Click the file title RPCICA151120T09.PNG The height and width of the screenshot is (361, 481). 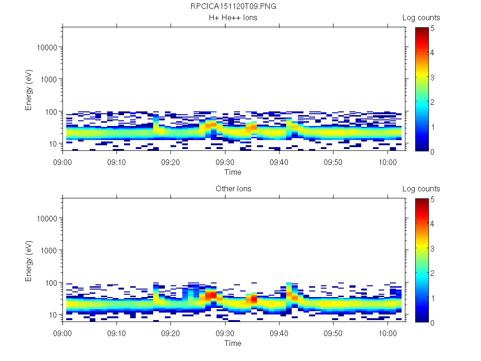coord(233,7)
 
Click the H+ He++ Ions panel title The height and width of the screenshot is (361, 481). coord(233,18)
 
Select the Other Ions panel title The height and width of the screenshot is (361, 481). coord(233,189)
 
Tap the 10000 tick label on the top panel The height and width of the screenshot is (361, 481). coord(47,47)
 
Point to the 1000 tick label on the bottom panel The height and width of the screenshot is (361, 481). coord(49,251)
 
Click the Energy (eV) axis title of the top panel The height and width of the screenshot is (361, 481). coord(29,89)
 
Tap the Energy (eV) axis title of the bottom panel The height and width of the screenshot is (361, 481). coord(29,260)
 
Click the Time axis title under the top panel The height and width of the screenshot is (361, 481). coord(233,172)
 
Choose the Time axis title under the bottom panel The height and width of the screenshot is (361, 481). coord(233,343)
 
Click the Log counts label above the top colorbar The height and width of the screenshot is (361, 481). coord(421,18)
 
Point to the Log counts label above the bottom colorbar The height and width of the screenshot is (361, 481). coord(421,189)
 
